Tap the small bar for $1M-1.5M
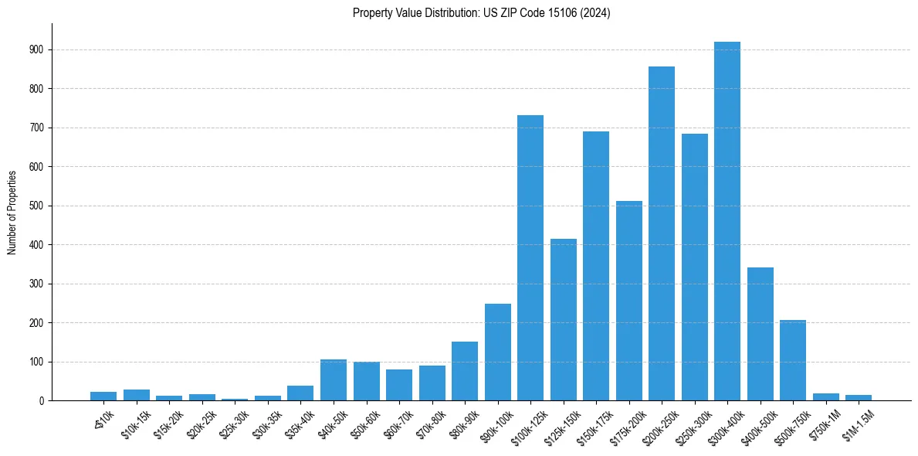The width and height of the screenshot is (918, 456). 859,397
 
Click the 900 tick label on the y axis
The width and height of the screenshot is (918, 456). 36,49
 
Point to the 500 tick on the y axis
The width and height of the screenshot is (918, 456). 36,206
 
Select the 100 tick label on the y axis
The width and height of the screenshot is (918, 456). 36,362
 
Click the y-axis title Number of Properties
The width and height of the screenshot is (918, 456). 12,212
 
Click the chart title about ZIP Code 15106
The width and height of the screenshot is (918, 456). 482,13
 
